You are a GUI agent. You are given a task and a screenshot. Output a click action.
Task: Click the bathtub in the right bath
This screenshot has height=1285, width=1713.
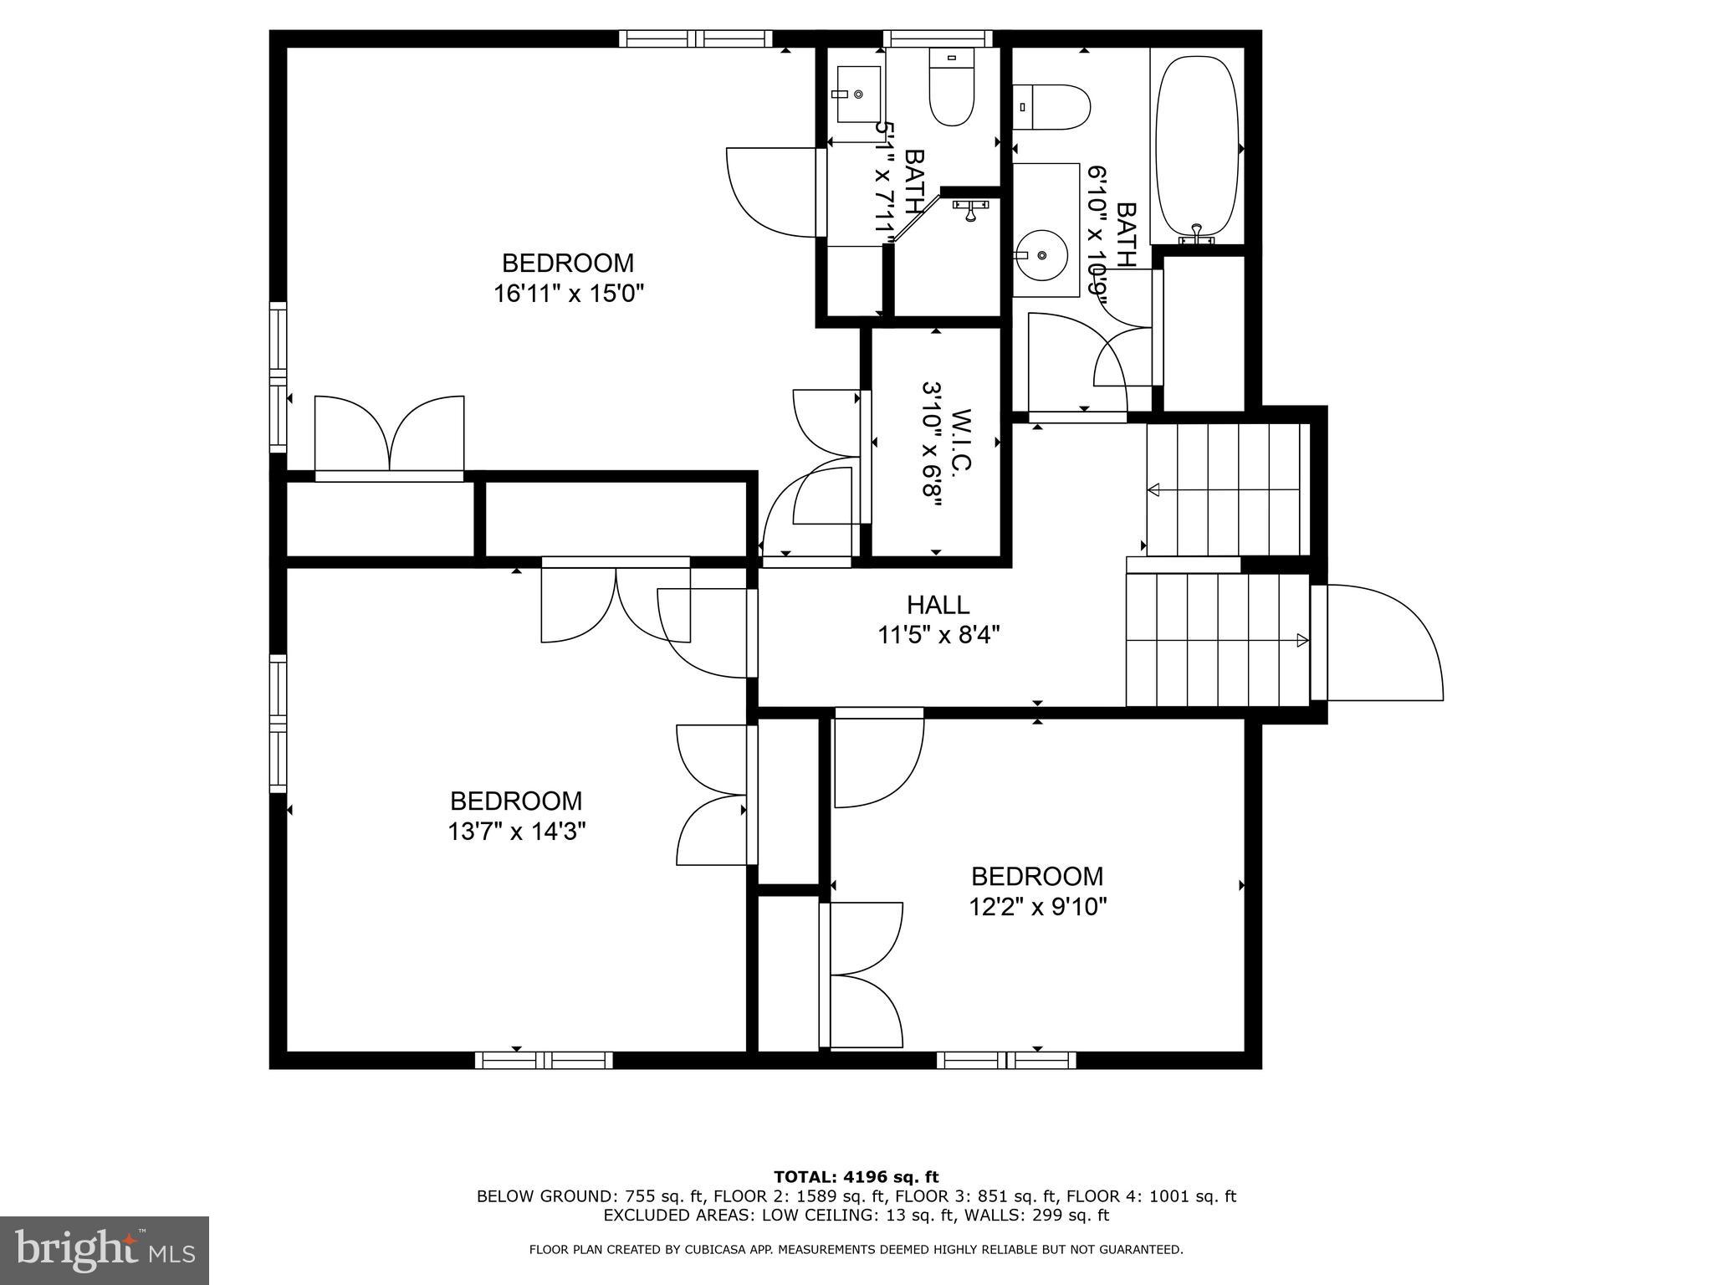pyautogui.click(x=1196, y=146)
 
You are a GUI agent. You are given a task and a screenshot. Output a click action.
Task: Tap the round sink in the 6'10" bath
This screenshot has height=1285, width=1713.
pyautogui.click(x=1041, y=254)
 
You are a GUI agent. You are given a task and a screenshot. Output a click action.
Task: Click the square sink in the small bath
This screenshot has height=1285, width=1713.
pyautogui.click(x=858, y=95)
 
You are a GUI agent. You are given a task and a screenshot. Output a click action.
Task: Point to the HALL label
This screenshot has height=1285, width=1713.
pyautogui.click(x=938, y=604)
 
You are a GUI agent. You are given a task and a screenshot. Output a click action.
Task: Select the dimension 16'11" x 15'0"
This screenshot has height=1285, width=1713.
pyautogui.click(x=569, y=294)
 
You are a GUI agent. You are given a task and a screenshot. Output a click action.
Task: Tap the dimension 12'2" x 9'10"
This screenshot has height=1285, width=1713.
pyautogui.click(x=1037, y=907)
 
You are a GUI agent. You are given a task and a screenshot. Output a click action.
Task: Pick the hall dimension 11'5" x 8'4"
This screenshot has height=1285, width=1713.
pyautogui.click(x=938, y=635)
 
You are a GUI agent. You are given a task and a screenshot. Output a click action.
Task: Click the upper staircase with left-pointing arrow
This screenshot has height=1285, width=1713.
pyautogui.click(x=1226, y=490)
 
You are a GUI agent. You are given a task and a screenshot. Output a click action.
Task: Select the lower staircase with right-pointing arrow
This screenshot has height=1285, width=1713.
pyautogui.click(x=1217, y=640)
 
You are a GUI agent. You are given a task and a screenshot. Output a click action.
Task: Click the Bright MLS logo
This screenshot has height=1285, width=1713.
pyautogui.click(x=104, y=1250)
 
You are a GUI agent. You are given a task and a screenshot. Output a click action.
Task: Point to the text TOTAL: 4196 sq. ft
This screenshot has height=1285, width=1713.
pyautogui.click(x=856, y=1177)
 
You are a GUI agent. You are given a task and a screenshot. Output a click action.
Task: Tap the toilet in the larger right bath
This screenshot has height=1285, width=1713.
pyautogui.click(x=1052, y=107)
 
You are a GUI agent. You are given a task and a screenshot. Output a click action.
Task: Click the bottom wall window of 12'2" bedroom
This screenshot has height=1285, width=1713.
pyautogui.click(x=1006, y=1060)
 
